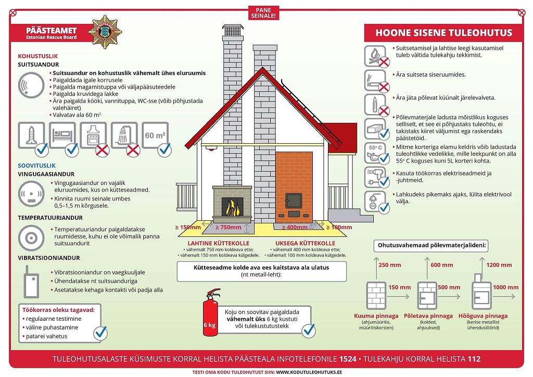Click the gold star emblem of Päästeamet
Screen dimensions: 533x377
pos(105,32)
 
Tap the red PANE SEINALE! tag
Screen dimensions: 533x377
pos(263,13)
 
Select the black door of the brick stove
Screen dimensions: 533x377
pos(293,200)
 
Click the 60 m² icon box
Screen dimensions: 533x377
pos(155,135)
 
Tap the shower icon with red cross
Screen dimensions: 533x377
pos(124,135)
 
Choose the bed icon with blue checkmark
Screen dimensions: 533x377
pos(62,135)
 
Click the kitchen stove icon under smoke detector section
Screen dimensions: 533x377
pos(94,135)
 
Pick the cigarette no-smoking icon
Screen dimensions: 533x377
pos(375,81)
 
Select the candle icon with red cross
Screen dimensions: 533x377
pos(375,105)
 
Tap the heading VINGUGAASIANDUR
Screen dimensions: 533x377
pos(46,174)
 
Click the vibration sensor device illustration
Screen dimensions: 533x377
pos(31,282)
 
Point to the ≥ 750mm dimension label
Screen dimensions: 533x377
pos(228,227)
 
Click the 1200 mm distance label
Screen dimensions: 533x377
pos(499,265)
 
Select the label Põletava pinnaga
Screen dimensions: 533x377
pos(428,316)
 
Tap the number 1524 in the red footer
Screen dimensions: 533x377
pos(348,359)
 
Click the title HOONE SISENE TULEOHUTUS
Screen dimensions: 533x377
pos(443,33)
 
